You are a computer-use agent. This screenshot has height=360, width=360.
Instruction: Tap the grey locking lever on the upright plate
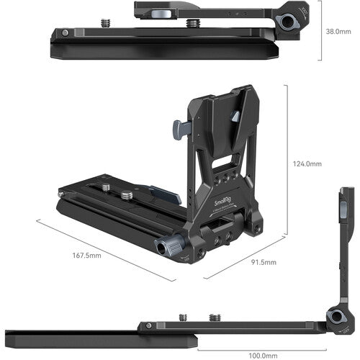(x=180, y=130)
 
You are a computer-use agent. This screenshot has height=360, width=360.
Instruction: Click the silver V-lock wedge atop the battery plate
(x=235, y=115)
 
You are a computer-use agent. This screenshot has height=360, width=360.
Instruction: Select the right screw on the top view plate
(x=193, y=24)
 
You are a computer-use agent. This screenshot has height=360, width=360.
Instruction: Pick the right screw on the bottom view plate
(x=215, y=318)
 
